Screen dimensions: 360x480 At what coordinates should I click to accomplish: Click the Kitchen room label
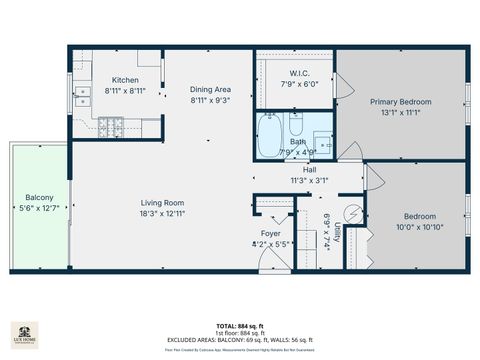click(125, 80)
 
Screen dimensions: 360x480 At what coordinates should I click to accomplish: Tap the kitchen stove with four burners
click(111, 127)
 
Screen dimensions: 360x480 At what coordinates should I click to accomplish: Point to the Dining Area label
click(210, 90)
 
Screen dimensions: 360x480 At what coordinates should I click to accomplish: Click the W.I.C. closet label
click(298, 73)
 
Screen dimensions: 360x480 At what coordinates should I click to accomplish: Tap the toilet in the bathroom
click(297, 124)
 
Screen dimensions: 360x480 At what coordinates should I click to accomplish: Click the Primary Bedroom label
click(401, 102)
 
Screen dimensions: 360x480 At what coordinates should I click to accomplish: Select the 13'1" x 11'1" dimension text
click(401, 112)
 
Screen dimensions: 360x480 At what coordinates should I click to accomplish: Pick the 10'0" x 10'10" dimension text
click(419, 226)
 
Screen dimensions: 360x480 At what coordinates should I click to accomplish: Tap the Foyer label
click(271, 232)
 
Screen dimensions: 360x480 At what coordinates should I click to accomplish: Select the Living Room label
click(162, 203)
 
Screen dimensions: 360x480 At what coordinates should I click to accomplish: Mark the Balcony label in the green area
click(40, 197)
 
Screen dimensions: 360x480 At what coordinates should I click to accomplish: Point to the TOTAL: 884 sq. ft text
click(240, 326)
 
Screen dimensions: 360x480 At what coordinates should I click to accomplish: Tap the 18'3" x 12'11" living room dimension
click(162, 213)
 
